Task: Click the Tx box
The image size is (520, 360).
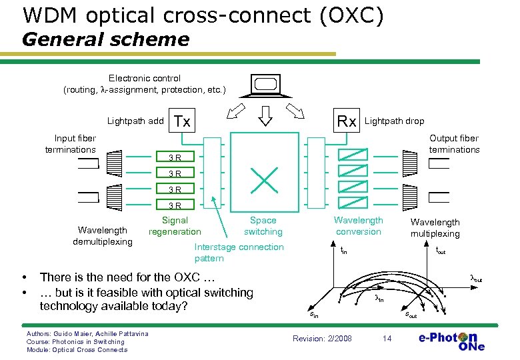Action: coord(182,121)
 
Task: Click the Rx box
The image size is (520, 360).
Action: coord(347,121)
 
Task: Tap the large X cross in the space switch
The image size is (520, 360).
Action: coord(265,178)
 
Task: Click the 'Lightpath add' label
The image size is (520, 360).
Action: coord(135,121)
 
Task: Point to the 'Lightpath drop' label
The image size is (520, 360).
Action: coord(394,121)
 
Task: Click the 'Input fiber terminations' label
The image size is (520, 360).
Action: coord(71,144)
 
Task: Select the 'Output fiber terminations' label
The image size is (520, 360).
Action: coord(454,144)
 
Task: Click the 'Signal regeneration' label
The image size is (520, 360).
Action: coord(175,226)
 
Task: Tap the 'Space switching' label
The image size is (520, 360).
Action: coord(263,226)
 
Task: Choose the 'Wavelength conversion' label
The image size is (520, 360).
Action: coord(359,226)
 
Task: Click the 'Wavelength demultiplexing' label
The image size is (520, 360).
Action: coord(103,236)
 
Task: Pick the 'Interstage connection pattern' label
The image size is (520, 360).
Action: coord(239,253)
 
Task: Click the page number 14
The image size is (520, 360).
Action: coord(387,339)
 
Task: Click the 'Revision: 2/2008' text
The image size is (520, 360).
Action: coord(322,339)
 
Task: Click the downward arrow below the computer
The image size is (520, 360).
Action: coord(265,117)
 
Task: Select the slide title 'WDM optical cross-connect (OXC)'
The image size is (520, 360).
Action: coord(203,15)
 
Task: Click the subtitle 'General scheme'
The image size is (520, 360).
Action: coord(105,39)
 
